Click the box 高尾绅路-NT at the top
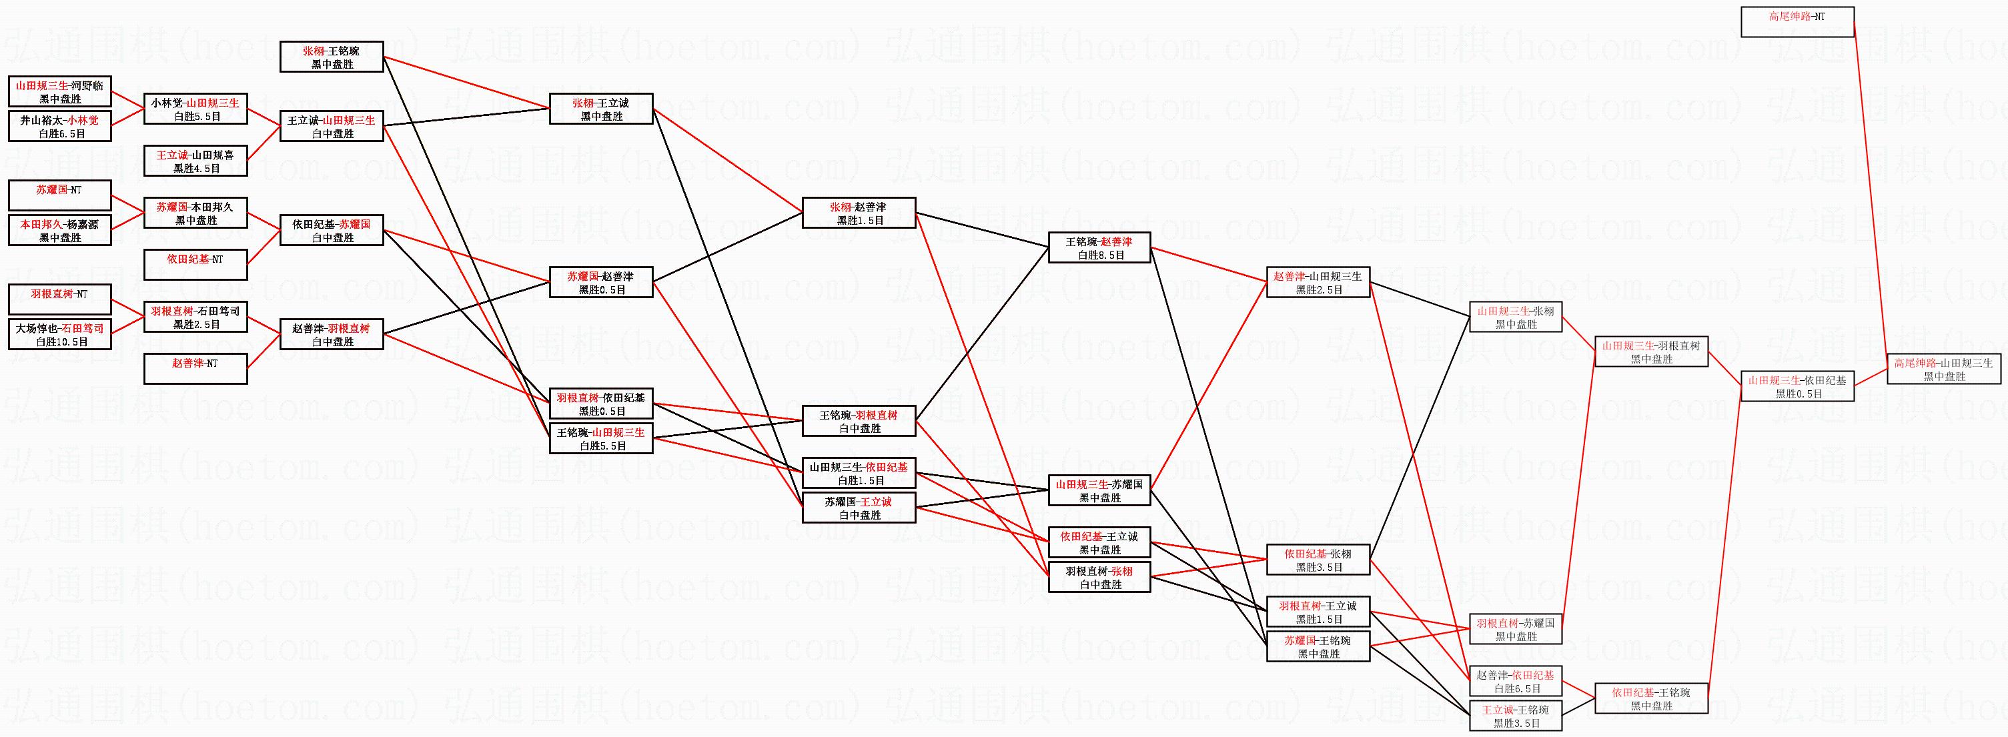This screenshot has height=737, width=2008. point(1797,22)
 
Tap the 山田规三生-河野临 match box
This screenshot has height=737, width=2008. point(60,92)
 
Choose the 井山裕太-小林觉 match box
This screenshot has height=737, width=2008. point(60,126)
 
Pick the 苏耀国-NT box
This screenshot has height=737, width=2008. point(60,195)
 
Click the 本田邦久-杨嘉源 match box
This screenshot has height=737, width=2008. point(60,231)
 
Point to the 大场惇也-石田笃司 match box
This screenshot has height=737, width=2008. point(60,334)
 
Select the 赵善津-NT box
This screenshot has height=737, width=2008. point(195,368)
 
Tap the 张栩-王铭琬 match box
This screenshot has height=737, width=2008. point(332,57)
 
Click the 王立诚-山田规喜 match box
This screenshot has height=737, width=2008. point(195,161)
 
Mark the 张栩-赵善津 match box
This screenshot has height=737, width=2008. point(858,213)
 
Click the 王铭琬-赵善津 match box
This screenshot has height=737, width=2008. point(1099,247)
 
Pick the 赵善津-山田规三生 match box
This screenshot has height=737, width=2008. point(1318,282)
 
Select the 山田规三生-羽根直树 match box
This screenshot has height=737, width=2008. point(1651,352)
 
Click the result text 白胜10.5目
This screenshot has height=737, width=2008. point(60,342)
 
